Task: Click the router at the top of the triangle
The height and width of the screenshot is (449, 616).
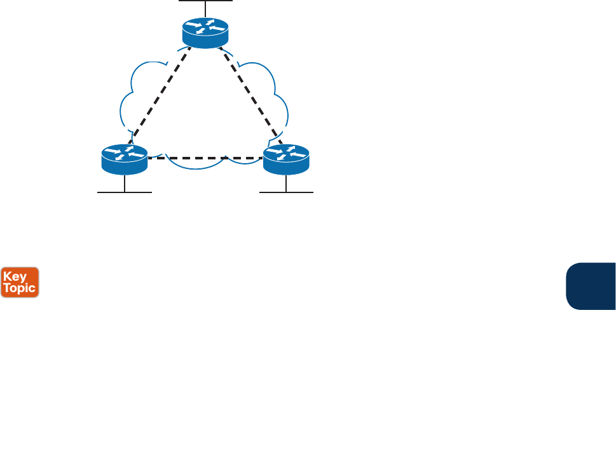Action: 205,33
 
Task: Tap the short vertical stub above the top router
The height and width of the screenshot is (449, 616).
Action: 205,9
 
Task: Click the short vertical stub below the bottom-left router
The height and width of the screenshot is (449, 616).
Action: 124,183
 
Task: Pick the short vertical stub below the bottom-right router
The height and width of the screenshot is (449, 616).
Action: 286,183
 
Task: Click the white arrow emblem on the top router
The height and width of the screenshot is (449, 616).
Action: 205,28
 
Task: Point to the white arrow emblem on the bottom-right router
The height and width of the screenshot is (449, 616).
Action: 286,152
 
